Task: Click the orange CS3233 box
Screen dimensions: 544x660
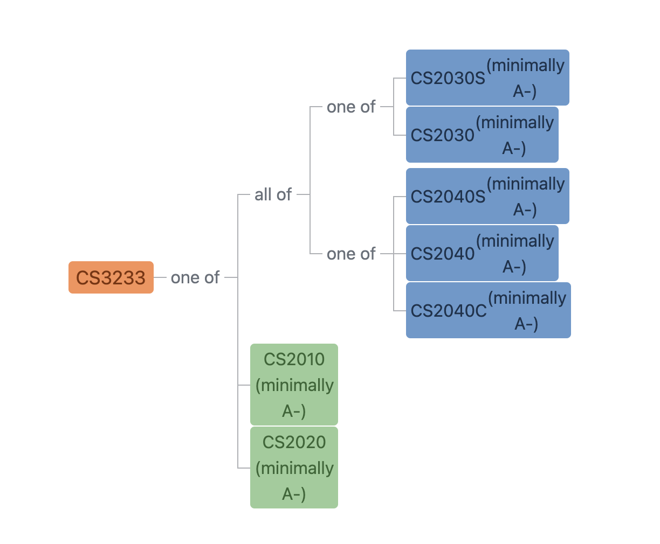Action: (x=111, y=277)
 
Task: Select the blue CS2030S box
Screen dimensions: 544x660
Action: (x=487, y=78)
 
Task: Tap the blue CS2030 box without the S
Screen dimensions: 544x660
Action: (x=482, y=135)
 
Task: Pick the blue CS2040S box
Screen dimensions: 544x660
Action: (x=487, y=196)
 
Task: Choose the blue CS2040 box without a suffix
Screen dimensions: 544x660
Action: (x=482, y=253)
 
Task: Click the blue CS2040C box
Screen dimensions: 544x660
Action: (x=488, y=310)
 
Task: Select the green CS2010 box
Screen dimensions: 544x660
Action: (x=294, y=385)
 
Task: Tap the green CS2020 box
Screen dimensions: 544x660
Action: (x=294, y=468)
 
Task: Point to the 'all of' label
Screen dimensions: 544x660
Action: (x=273, y=194)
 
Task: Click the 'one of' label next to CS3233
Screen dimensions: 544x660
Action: (x=195, y=277)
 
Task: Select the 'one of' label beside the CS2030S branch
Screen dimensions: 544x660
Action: (x=351, y=107)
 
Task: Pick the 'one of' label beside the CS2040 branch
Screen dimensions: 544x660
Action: (x=351, y=254)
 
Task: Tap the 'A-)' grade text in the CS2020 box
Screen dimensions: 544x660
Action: (x=294, y=494)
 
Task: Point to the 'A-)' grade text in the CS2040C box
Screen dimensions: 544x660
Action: (x=526, y=324)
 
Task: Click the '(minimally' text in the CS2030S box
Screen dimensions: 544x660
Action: (x=525, y=65)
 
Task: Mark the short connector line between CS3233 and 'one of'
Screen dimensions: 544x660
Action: (x=160, y=277)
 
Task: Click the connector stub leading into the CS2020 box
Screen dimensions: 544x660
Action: (x=244, y=468)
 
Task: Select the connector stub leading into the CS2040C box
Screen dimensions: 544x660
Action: (x=400, y=311)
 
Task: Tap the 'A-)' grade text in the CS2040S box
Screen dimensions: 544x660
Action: (x=525, y=210)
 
